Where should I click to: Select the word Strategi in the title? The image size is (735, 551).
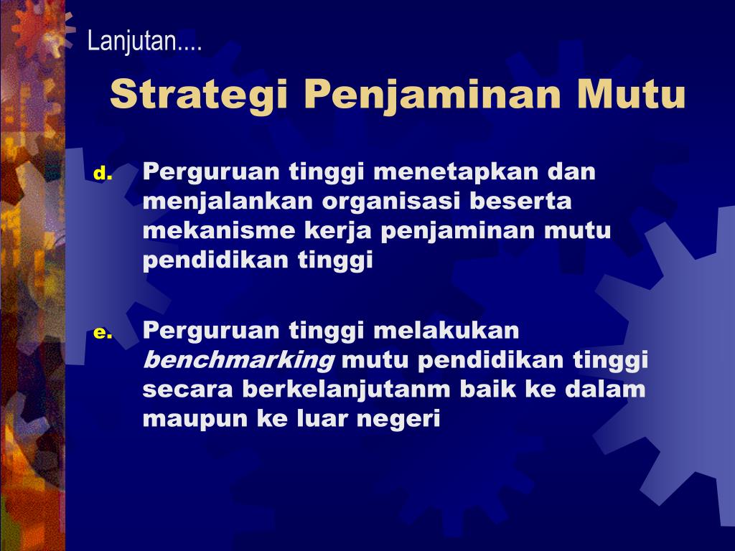(x=198, y=95)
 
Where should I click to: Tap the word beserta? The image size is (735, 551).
(x=521, y=201)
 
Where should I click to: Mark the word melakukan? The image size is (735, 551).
(x=446, y=330)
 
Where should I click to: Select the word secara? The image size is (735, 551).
(x=188, y=390)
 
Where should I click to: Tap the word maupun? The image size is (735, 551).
(x=196, y=419)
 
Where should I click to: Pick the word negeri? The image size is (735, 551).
(x=398, y=418)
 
